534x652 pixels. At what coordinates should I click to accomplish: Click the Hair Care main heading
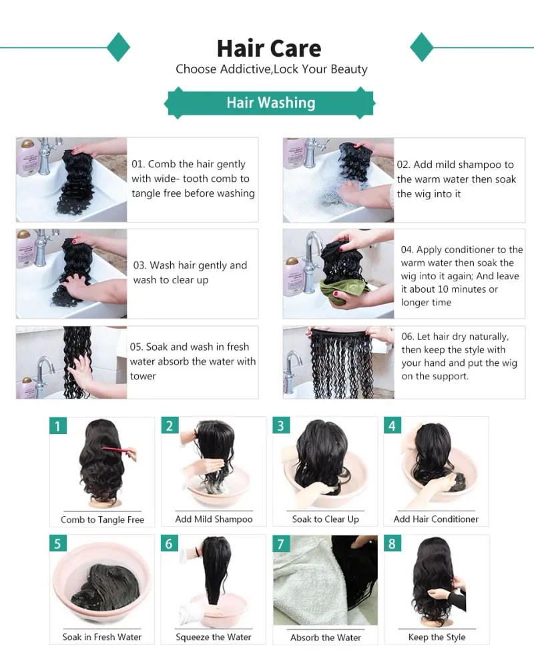(269, 48)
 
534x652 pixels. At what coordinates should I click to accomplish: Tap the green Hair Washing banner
(270, 103)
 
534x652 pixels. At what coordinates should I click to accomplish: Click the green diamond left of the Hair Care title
(119, 47)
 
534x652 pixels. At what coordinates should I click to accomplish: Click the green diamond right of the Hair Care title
(422, 47)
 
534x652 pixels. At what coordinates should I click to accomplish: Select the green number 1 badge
(58, 426)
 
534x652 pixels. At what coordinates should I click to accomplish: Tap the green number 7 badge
(281, 543)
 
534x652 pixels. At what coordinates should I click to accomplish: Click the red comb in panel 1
(119, 451)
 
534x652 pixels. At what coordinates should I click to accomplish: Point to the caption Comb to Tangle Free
(102, 519)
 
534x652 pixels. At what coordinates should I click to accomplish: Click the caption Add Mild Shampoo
(214, 519)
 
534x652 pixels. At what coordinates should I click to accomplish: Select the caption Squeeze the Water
(214, 637)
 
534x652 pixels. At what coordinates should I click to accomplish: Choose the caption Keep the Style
(437, 637)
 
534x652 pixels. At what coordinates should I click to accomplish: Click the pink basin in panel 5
(101, 581)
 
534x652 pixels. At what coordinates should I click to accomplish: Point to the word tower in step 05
(143, 376)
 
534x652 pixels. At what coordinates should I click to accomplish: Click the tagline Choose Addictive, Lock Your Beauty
(272, 69)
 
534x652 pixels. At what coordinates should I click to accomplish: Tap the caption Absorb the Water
(326, 637)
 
